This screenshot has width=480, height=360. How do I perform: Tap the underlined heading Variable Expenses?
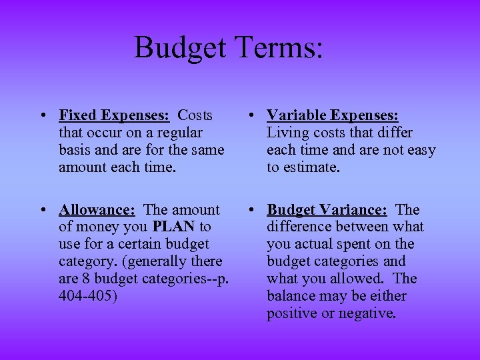click(333, 115)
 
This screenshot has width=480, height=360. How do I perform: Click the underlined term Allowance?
click(97, 210)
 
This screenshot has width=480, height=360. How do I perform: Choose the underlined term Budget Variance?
click(327, 210)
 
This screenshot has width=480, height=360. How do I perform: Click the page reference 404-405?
click(87, 296)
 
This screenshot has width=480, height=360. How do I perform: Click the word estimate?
click(312, 167)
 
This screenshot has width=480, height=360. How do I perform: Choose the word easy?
click(421, 150)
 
